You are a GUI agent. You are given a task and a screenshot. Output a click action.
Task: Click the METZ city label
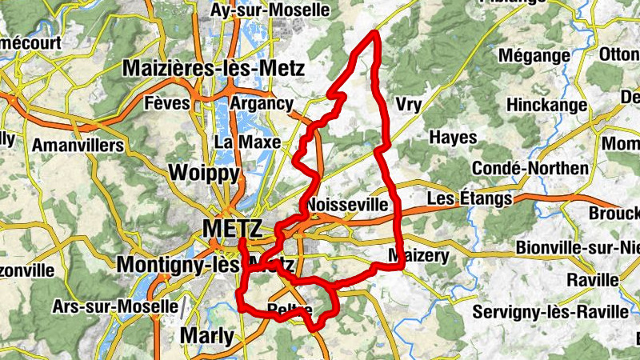[x=232, y=230]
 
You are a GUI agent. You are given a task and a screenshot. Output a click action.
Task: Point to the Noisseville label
[x=347, y=204]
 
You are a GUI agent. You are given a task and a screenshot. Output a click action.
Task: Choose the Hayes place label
[x=453, y=138]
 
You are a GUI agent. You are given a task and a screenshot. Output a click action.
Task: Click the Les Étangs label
[x=470, y=198]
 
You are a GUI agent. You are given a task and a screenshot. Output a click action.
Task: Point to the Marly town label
[x=207, y=335]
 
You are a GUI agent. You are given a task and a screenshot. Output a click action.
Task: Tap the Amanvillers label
[x=78, y=146]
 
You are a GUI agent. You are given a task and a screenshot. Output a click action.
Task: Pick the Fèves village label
[x=168, y=103]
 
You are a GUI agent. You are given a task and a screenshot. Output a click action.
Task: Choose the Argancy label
[x=262, y=103]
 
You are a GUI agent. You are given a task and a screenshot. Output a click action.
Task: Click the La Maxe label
[x=248, y=142]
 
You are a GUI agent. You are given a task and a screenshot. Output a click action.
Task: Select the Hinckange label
[x=547, y=105]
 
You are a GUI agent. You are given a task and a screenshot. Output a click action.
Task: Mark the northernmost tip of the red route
[x=374, y=34]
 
